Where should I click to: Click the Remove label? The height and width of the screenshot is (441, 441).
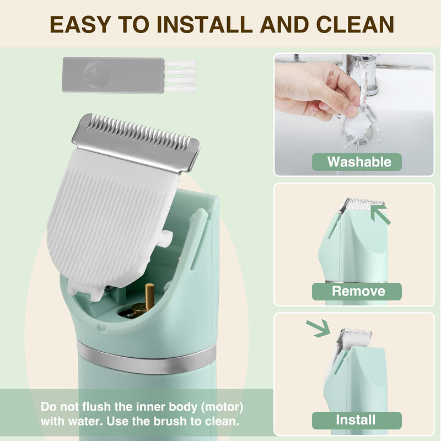click(357, 291)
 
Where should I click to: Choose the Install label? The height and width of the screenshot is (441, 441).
click(357, 420)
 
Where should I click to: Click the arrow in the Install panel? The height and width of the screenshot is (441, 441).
click(319, 329)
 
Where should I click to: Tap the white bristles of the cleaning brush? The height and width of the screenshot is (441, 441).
click(181, 75)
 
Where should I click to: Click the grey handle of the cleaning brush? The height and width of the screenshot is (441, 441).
click(113, 75)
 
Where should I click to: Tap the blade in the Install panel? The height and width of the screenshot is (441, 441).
click(347, 336)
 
